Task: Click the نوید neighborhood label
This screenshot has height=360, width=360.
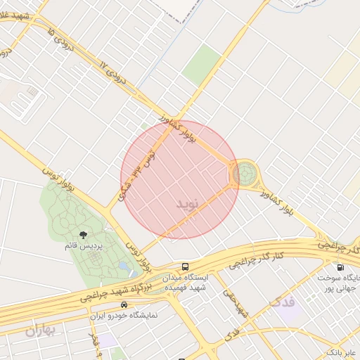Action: point(191,203)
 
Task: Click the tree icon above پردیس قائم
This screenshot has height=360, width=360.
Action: point(84,235)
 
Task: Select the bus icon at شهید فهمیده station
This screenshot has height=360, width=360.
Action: point(185,267)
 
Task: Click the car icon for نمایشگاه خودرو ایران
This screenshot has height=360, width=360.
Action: point(124,305)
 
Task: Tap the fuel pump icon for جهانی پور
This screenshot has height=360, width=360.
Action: point(340,267)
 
